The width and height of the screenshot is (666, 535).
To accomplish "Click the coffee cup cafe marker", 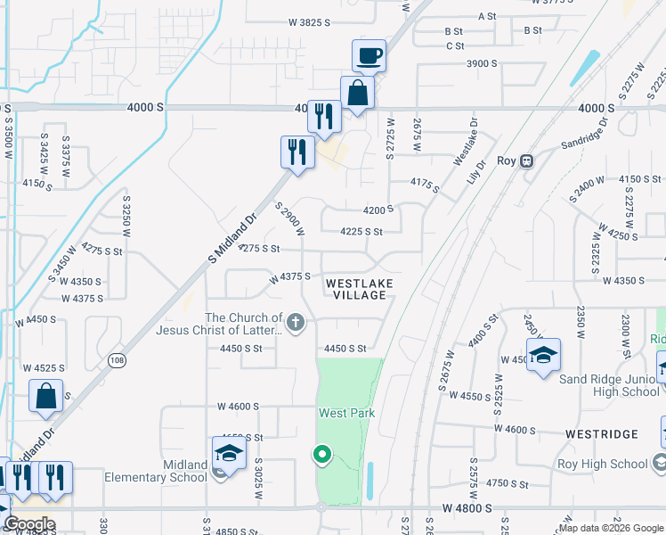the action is tap(369, 56).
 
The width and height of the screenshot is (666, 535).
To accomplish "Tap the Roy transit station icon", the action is tap(527, 160).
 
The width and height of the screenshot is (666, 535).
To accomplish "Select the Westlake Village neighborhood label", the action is tap(357, 289).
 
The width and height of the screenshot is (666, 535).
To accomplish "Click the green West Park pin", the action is tap(321, 455).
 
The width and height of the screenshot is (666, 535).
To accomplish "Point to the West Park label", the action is tap(347, 413).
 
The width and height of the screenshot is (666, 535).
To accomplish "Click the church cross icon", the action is tap(296, 323).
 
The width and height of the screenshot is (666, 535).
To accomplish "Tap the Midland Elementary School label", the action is tap(172, 471).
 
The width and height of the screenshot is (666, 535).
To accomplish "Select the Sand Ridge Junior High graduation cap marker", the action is tap(543, 356).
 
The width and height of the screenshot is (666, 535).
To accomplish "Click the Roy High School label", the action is tap(603, 464).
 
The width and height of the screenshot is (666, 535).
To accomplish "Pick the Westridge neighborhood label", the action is tap(601, 434).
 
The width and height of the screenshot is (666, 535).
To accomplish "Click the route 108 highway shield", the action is tap(117, 360).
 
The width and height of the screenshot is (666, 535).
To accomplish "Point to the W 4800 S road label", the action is tap(467, 508).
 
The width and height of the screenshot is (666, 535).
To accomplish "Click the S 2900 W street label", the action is tap(290, 219).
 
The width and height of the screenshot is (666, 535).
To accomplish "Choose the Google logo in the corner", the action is tap(29, 525).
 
